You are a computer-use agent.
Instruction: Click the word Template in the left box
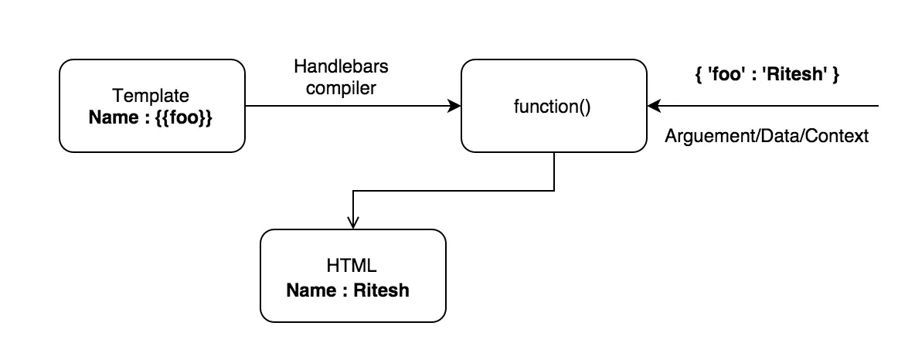[151, 96]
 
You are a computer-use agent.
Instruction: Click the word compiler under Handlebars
[341, 87]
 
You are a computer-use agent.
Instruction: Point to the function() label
[552, 107]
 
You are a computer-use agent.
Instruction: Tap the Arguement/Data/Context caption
[767, 136]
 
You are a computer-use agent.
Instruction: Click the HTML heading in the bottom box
[352, 267]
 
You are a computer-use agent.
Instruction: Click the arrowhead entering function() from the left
[454, 107]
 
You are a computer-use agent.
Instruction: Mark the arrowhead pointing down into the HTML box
[353, 222]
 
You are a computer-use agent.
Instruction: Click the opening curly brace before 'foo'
[698, 77]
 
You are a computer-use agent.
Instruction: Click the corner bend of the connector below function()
[554, 190]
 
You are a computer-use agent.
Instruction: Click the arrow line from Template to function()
[348, 107]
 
